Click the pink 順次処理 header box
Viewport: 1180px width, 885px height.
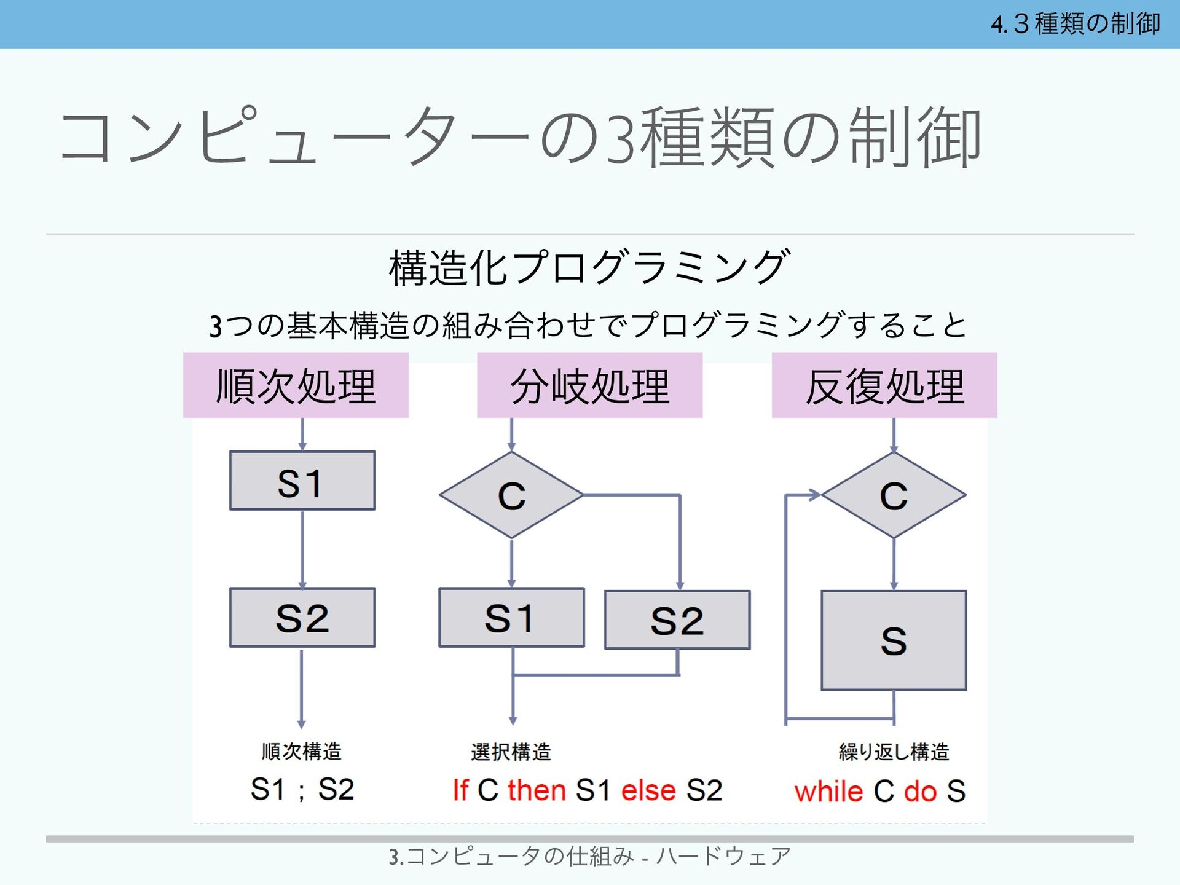(296, 385)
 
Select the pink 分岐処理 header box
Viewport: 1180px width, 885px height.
(589, 385)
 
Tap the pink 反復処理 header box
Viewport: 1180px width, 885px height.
(884, 385)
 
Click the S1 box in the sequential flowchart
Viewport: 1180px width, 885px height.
(302, 481)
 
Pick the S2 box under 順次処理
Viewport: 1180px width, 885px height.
(302, 618)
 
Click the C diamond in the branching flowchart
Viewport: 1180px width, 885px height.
(511, 495)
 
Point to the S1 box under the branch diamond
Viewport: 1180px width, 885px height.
(511, 618)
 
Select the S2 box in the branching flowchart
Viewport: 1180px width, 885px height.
(677, 620)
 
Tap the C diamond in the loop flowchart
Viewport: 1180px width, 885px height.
(894, 495)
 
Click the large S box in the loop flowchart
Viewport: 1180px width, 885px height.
(894, 640)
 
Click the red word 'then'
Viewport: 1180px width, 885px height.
(537, 790)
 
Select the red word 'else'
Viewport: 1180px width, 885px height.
(648, 790)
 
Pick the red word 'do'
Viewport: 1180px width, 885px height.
(920, 792)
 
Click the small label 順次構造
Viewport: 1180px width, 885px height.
(301, 751)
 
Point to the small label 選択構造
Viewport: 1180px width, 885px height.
(511, 752)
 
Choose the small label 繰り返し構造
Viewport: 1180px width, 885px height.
(894, 752)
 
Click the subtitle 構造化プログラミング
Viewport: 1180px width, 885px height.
(589, 267)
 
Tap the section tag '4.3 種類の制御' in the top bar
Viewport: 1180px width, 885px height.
(1075, 24)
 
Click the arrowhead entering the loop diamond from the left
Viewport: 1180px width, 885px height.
(815, 495)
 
